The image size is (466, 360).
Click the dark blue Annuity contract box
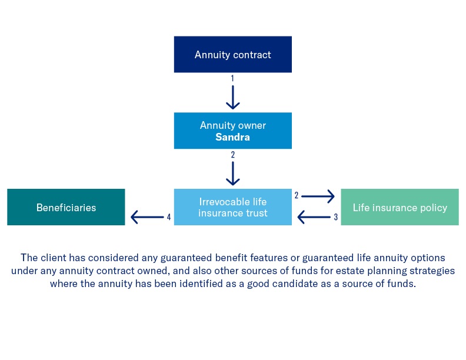tap(233, 55)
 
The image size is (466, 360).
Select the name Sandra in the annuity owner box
tap(233, 137)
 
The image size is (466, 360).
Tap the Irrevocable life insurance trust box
tap(233, 207)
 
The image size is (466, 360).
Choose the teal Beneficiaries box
tap(66, 207)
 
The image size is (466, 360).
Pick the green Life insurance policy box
tap(400, 207)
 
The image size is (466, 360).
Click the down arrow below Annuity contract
tap(233, 97)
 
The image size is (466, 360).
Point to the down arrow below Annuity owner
tap(233, 174)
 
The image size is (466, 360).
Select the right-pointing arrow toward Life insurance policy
tap(318, 196)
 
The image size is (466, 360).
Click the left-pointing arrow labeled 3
tap(313, 217)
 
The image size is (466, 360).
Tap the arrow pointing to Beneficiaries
tap(147, 217)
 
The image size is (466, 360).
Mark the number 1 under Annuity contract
tap(233, 78)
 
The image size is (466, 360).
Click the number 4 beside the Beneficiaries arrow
tap(169, 217)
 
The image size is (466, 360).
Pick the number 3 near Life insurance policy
tap(336, 217)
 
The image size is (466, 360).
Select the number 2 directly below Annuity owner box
tap(233, 155)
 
